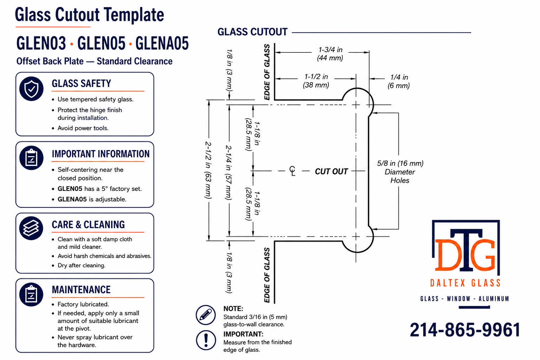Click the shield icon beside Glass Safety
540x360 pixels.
pyautogui.click(x=31, y=89)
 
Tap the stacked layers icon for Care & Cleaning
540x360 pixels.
pyautogui.click(x=31, y=228)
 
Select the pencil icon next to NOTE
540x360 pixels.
pyautogui.click(x=206, y=315)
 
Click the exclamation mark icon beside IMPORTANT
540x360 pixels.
pyautogui.click(x=206, y=340)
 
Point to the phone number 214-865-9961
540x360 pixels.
pyautogui.click(x=465, y=330)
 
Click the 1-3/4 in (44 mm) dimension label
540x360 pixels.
pyautogui.click(x=330, y=54)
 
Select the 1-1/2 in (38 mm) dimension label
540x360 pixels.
pyautogui.click(x=316, y=81)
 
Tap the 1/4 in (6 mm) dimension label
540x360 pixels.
pyautogui.click(x=399, y=81)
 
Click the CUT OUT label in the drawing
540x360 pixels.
pyautogui.click(x=331, y=172)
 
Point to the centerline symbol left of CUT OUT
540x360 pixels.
pyautogui.click(x=292, y=171)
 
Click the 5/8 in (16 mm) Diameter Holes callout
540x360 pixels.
pyautogui.click(x=400, y=172)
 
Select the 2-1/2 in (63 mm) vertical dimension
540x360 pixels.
pyautogui.click(x=208, y=170)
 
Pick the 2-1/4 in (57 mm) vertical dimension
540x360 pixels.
pyautogui.click(x=229, y=172)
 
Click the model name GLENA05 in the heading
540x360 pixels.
pyautogui.click(x=162, y=43)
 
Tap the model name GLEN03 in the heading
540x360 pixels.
pyautogui.click(x=41, y=43)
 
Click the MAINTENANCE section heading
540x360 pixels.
pyautogui.click(x=81, y=290)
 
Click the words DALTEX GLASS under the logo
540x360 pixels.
pyautogui.click(x=465, y=283)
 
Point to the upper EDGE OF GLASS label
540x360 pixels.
pyautogui.click(x=267, y=72)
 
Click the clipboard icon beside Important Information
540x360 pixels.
pyautogui.click(x=31, y=158)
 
